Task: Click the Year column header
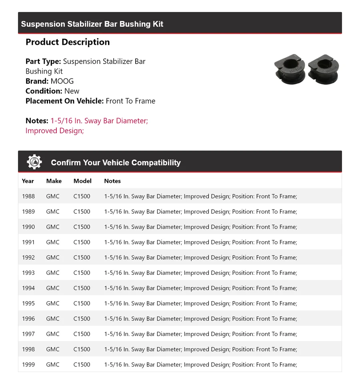click(28, 181)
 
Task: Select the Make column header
click(54, 181)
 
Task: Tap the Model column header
click(82, 181)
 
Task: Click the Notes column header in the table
click(112, 181)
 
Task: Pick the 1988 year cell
click(28, 196)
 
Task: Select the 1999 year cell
click(28, 364)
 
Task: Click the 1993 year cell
click(28, 273)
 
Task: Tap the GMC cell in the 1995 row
click(53, 303)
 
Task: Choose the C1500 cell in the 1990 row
click(82, 227)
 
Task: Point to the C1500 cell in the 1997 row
click(82, 334)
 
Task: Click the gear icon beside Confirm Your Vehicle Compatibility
click(34, 162)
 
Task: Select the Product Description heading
click(68, 42)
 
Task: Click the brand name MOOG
click(62, 81)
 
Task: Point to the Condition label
click(44, 91)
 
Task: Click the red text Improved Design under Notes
click(54, 131)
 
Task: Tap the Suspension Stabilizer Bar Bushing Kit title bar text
click(92, 24)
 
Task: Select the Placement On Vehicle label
click(64, 101)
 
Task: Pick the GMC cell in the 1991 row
click(53, 242)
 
